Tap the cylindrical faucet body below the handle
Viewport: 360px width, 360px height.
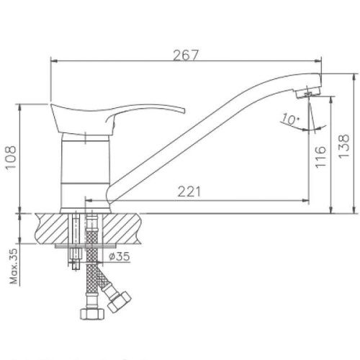pyautogui.click(x=84, y=173)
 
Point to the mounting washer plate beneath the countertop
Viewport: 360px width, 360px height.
pyautogui.click(x=81, y=248)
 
